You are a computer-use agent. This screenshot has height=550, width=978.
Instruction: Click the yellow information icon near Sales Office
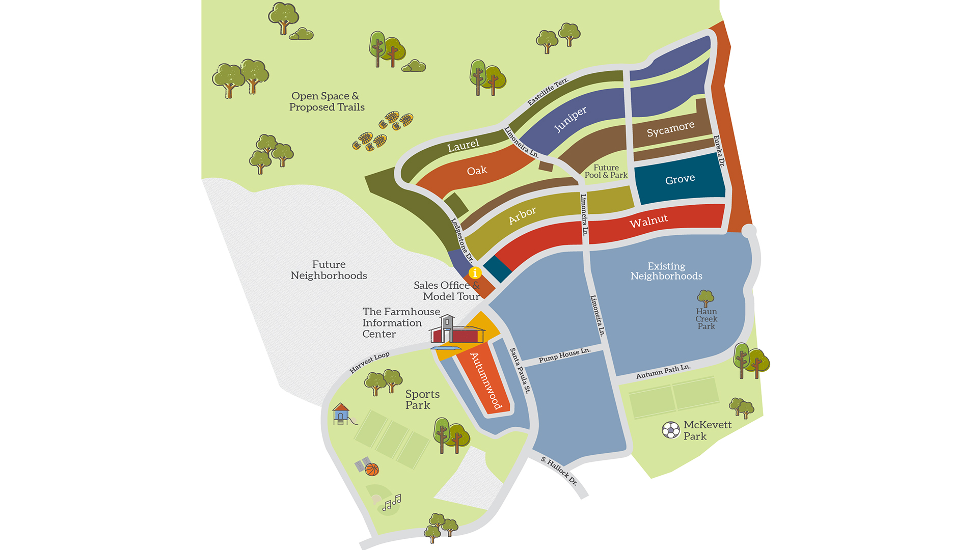[x=475, y=272]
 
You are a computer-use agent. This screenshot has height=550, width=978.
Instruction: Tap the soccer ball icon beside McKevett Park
[x=670, y=430]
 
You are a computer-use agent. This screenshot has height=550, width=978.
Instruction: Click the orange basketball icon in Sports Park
[x=372, y=469]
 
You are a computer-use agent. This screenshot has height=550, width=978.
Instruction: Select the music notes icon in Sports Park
[x=392, y=503]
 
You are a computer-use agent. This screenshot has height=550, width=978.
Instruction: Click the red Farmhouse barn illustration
[x=457, y=332]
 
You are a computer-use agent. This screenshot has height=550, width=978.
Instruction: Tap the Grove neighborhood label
[x=680, y=179]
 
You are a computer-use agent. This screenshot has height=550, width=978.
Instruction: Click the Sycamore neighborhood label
[x=670, y=129]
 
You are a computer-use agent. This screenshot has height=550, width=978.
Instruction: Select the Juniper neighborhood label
[x=570, y=119]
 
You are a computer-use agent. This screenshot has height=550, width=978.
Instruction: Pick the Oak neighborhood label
[x=477, y=171]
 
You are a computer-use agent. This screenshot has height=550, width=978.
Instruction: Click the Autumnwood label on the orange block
[x=486, y=381]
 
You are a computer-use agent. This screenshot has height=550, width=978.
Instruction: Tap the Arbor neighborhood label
[x=522, y=215]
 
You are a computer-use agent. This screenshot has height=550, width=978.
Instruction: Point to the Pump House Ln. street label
[x=564, y=355]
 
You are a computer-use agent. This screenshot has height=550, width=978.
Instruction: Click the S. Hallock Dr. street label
[x=559, y=471]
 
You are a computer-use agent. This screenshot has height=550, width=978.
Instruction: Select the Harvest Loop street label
[x=369, y=362]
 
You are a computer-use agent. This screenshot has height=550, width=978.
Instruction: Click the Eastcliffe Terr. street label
[x=548, y=92]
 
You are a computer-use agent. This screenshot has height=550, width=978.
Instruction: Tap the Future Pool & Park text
[x=606, y=171]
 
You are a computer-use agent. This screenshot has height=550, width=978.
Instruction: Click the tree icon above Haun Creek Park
[x=705, y=298]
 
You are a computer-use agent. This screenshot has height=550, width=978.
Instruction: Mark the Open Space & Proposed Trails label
[x=327, y=101]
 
